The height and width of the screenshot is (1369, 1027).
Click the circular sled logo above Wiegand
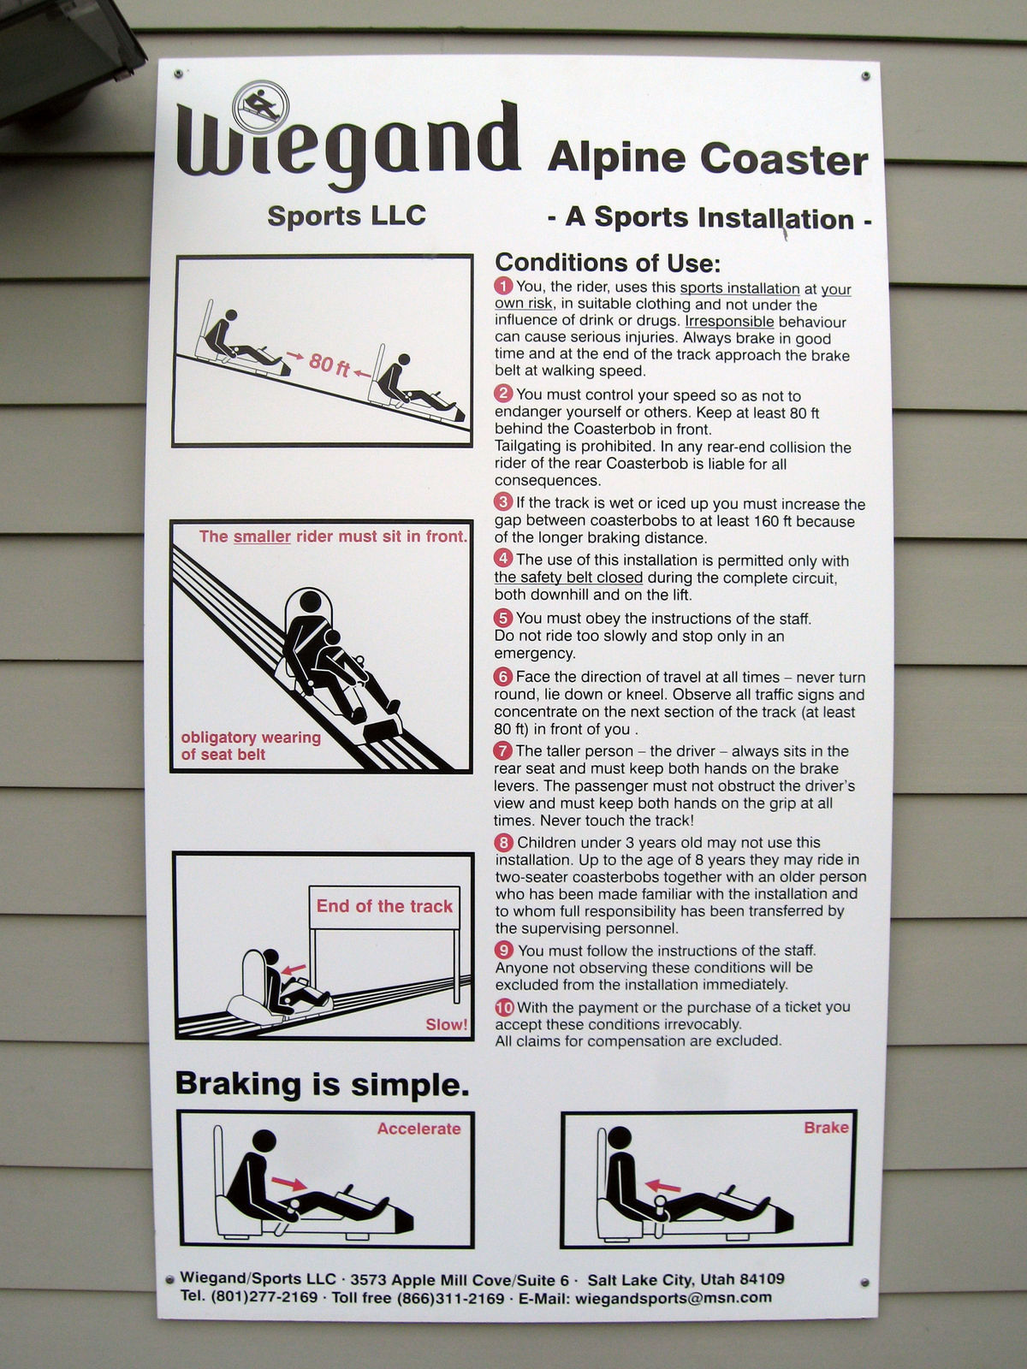click(260, 107)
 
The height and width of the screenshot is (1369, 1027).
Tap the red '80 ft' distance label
click(329, 364)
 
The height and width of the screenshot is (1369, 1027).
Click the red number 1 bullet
click(503, 287)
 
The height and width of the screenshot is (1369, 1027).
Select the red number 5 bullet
click(502, 618)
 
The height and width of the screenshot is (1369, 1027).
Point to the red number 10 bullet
click(504, 1007)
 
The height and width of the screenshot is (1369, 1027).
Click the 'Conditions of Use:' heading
click(608, 263)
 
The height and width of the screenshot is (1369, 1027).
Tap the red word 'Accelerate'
click(419, 1129)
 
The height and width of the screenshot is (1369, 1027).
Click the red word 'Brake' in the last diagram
click(826, 1127)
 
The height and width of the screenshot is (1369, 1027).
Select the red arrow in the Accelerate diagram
click(288, 1183)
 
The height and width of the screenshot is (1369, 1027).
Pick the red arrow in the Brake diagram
click(662, 1184)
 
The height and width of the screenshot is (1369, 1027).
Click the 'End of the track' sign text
click(384, 906)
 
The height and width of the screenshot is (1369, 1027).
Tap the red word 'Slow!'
click(447, 1024)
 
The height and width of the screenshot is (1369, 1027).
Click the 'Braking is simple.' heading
click(322, 1084)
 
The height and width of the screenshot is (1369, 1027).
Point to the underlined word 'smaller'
click(262, 536)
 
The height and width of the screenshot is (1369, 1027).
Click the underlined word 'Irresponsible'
click(729, 322)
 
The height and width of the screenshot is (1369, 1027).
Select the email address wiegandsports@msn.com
click(673, 1298)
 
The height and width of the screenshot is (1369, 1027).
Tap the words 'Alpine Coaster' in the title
click(708, 159)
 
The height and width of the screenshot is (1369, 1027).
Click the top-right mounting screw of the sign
click(865, 76)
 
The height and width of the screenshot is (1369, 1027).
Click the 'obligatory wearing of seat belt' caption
click(251, 745)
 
